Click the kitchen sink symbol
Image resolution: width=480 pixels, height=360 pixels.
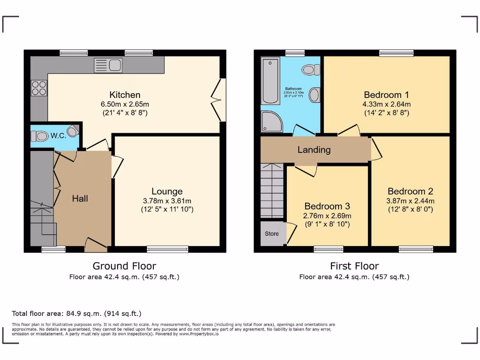(108, 65)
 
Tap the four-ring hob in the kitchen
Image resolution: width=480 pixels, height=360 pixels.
(38, 88)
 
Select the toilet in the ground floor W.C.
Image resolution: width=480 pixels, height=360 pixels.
(41, 136)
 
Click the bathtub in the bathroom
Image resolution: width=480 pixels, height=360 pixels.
(270, 81)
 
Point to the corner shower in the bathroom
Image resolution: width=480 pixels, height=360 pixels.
(270, 121)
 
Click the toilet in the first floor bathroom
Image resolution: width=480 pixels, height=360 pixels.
(310, 70)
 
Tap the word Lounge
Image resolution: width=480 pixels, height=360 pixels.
(167, 191)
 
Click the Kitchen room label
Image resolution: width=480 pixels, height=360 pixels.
(125, 95)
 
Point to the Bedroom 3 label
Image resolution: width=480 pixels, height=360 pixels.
(327, 206)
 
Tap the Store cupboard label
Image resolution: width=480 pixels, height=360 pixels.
(272, 233)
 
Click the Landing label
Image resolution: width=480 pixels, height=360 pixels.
(314, 150)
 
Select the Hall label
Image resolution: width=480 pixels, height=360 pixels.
(80, 199)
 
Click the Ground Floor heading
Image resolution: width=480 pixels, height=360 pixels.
(124, 266)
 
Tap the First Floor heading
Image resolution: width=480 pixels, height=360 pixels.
(354, 266)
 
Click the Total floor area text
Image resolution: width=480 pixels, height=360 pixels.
(76, 314)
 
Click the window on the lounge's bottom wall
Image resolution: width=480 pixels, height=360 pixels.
(167, 249)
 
